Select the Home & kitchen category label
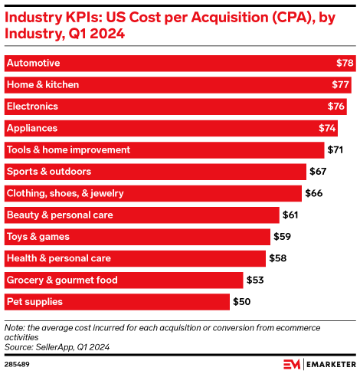(42, 84)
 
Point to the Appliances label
(31, 128)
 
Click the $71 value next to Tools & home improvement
(336, 149)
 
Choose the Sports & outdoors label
(48, 172)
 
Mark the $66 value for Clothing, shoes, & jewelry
(314, 193)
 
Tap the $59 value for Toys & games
(283, 237)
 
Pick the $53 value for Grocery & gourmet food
(256, 280)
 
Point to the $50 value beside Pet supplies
(242, 302)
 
